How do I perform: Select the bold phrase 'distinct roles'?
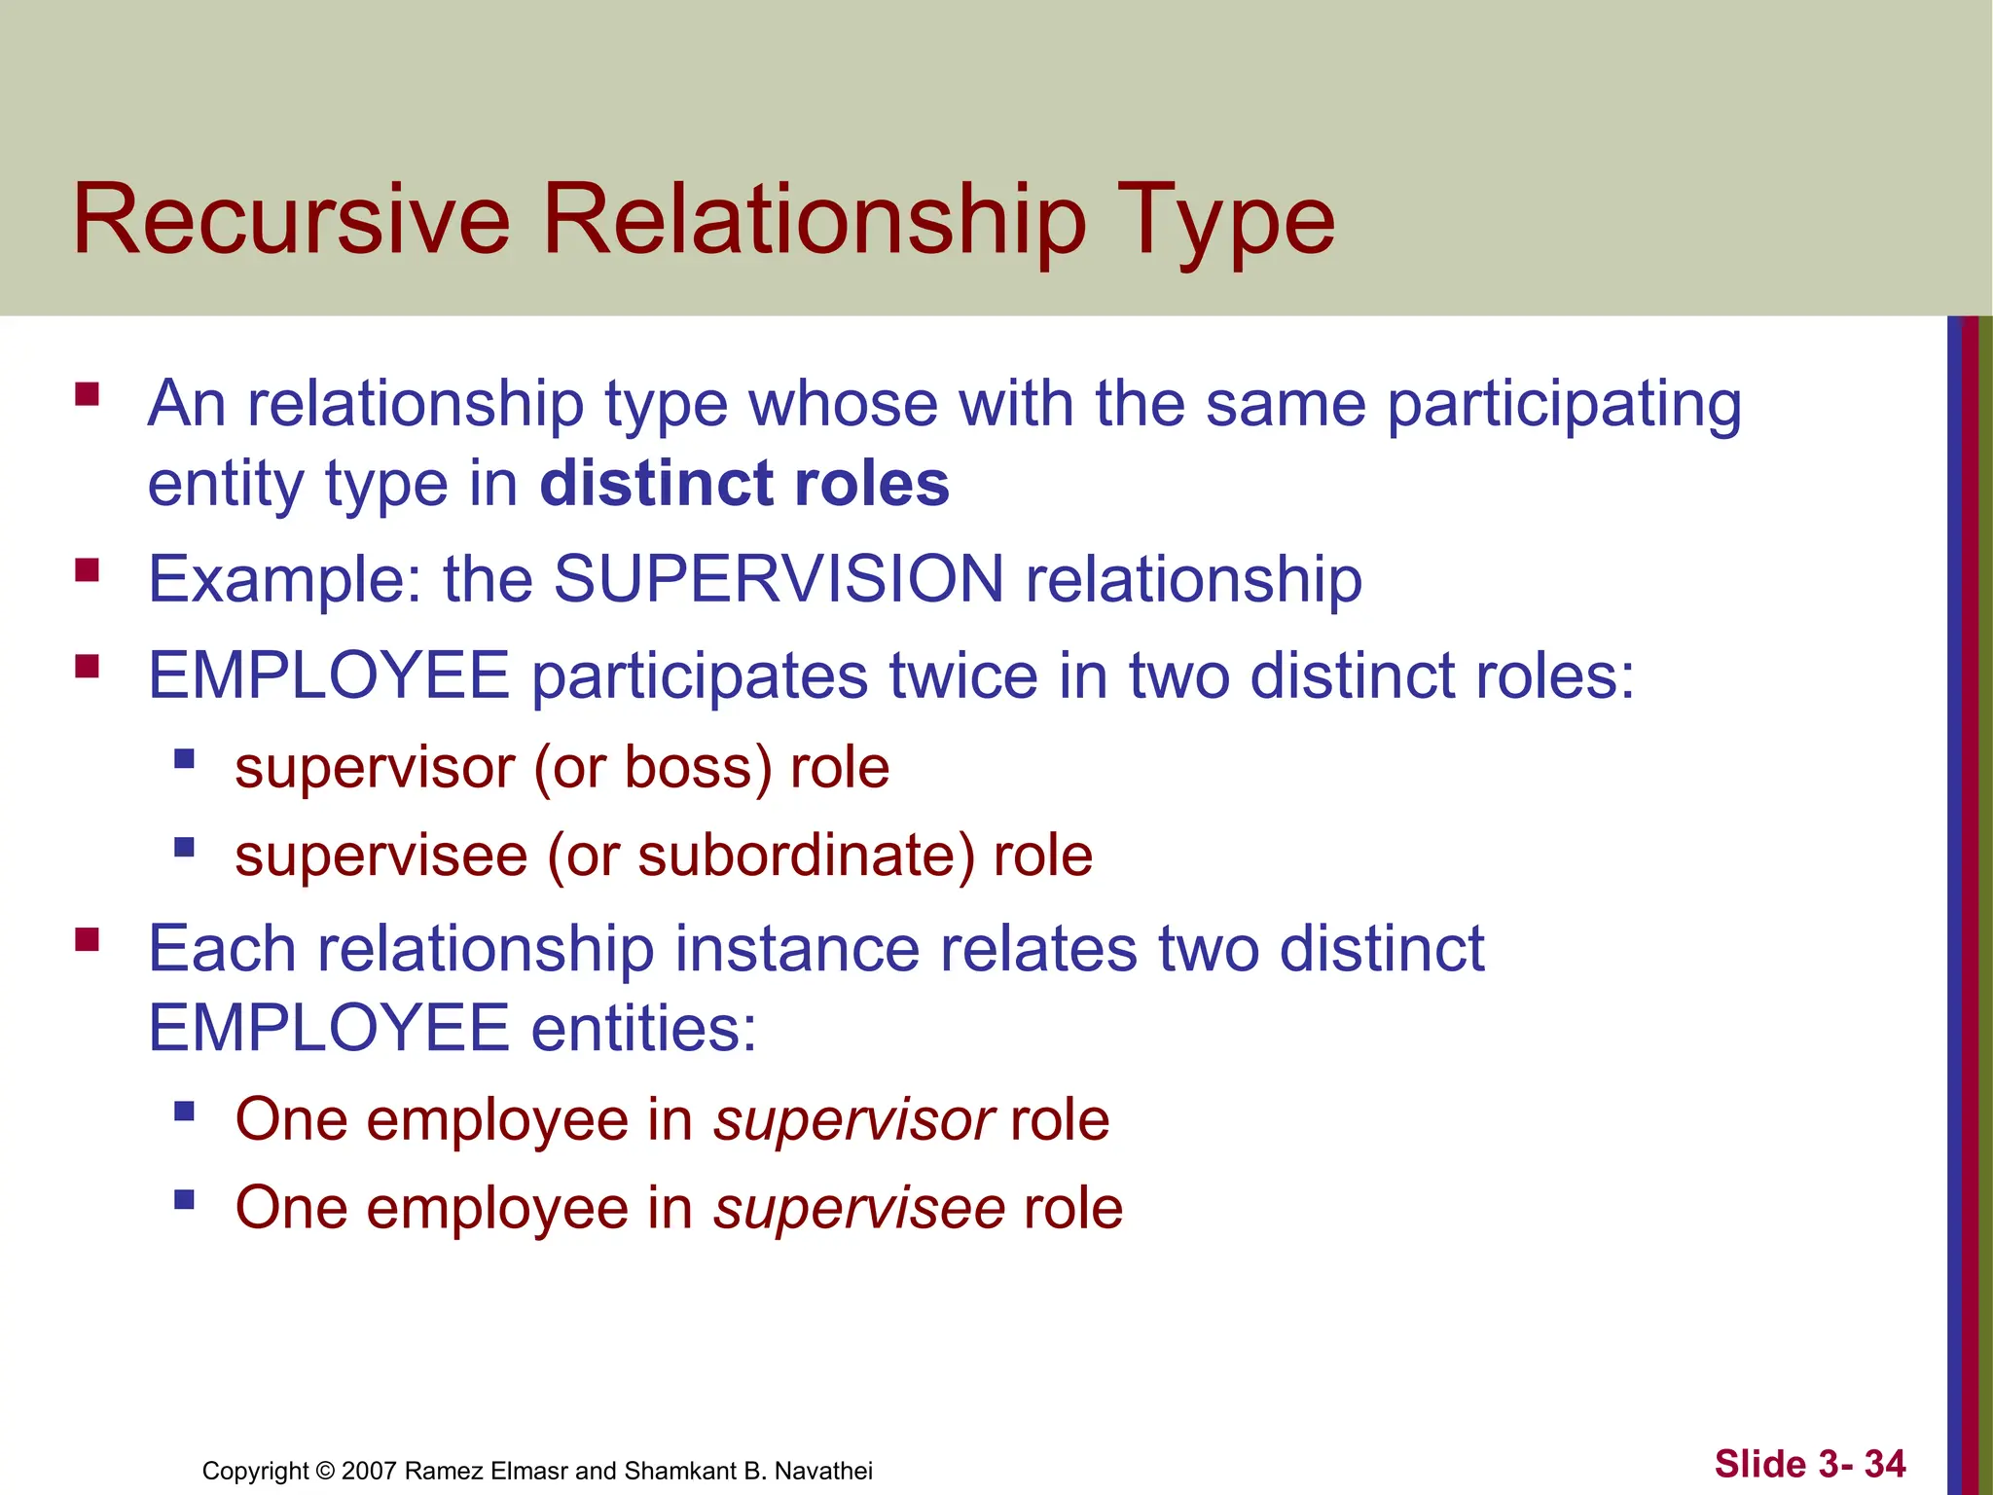pyautogui.click(x=744, y=484)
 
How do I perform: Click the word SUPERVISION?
pyautogui.click(x=779, y=579)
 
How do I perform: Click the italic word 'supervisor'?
pyautogui.click(x=853, y=1119)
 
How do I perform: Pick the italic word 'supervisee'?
pyautogui.click(x=859, y=1208)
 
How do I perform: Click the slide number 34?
pyautogui.click(x=1885, y=1464)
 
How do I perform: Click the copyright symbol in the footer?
pyautogui.click(x=325, y=1471)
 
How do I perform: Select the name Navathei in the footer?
pyautogui.click(x=823, y=1471)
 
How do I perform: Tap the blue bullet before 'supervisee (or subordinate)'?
pyautogui.click(x=184, y=847)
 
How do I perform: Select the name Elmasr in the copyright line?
pyautogui.click(x=529, y=1471)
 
